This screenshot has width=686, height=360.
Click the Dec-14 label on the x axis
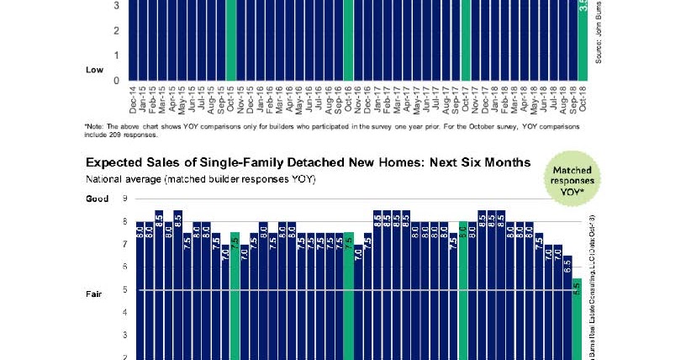click(134, 102)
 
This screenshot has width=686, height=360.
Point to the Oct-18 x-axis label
click(582, 102)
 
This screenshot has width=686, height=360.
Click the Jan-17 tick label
click(377, 102)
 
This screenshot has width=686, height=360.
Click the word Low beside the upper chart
click(94, 70)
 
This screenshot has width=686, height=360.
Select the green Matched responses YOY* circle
click(577, 175)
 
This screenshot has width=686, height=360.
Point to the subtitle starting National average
click(200, 179)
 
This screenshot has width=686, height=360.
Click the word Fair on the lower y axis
click(94, 294)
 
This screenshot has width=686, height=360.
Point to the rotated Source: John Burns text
click(599, 34)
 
